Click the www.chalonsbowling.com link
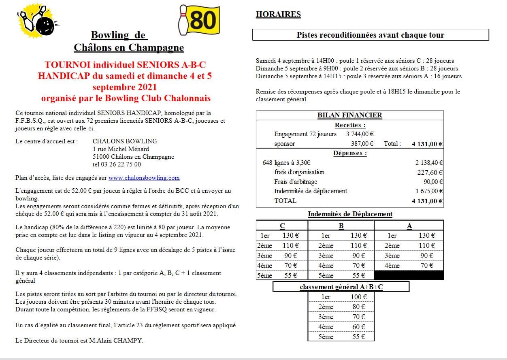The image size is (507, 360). [144, 178]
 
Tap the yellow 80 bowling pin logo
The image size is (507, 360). [199, 20]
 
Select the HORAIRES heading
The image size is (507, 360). [278, 15]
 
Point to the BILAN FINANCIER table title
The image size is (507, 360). [349, 115]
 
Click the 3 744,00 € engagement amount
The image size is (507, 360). [360, 134]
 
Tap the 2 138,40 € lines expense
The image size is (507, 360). [429, 163]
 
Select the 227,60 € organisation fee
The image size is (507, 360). [431, 172]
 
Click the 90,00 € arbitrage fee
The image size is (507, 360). [433, 182]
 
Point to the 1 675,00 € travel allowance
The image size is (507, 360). [429, 191]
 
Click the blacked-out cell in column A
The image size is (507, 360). [409, 275]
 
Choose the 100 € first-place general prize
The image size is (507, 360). [359, 297]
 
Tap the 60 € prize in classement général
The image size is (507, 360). [359, 327]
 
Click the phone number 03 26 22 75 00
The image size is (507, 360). [117, 164]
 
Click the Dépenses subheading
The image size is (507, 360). [350, 153]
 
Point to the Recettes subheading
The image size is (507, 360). [350, 125]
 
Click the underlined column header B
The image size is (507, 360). [341, 226]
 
